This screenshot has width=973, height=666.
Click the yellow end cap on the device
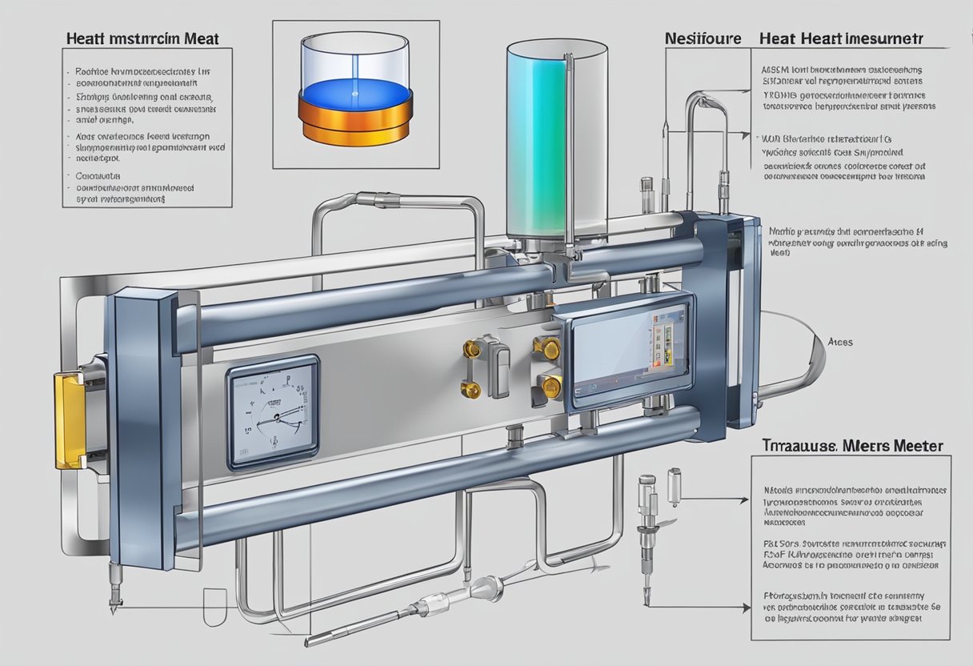[x=70, y=420]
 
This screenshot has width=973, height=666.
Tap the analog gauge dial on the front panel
[x=272, y=411]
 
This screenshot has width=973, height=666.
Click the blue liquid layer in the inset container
[x=354, y=91]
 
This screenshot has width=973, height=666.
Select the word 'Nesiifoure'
[x=703, y=38]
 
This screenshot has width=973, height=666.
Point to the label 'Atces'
[x=840, y=342]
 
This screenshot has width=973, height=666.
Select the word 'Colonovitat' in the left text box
[x=98, y=175]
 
